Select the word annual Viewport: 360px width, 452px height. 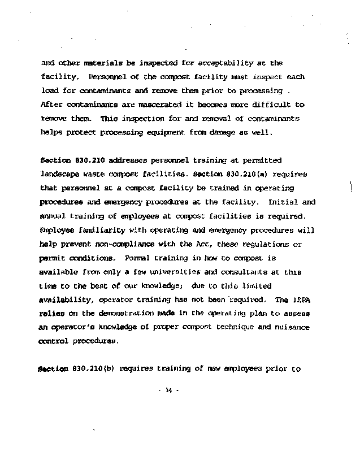click(54, 216)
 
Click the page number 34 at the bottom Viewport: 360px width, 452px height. click(168, 390)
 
